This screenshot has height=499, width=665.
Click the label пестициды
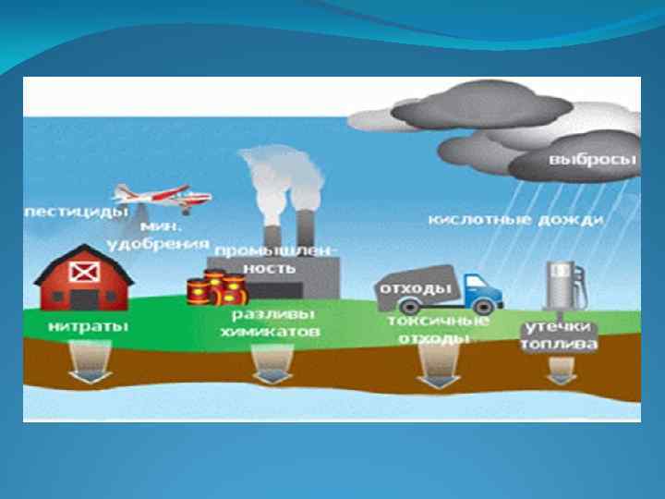pos(76,212)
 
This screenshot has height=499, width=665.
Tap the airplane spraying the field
pos(161,195)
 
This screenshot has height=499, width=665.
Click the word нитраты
pos(89,327)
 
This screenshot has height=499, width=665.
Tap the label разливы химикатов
pos(271,323)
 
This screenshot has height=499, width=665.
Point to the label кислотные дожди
pos(516,220)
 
